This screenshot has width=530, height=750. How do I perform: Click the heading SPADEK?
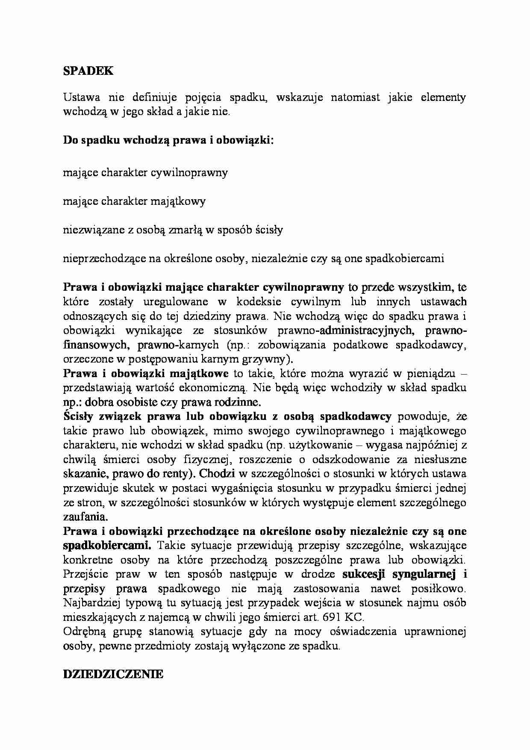(88, 71)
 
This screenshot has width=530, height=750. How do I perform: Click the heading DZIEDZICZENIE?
(113, 674)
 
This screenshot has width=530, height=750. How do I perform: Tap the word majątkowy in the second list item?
(177, 201)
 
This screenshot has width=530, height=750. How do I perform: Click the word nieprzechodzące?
(108, 259)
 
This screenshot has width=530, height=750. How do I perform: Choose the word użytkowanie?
(318, 445)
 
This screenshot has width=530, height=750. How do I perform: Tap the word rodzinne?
(241, 402)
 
